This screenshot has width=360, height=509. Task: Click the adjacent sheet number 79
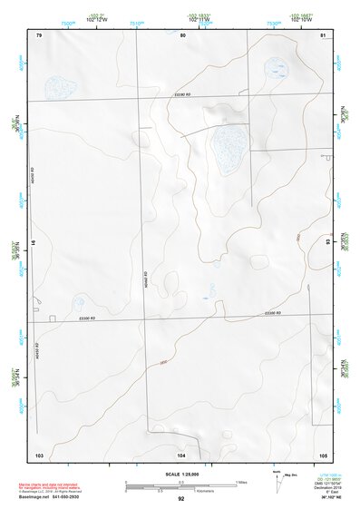pyautogui.click(x=39, y=34)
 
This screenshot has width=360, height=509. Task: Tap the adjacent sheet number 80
pyautogui.click(x=182, y=34)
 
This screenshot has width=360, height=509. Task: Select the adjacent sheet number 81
pyautogui.click(x=323, y=34)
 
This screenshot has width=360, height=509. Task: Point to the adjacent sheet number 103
pyautogui.click(x=39, y=454)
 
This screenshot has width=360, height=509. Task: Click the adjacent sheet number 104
pyautogui.click(x=181, y=454)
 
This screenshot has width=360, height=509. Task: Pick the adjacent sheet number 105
pyautogui.click(x=322, y=454)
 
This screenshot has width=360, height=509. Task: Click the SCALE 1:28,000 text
pyautogui.click(x=181, y=474)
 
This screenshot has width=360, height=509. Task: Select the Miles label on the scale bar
pyautogui.click(x=242, y=481)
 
